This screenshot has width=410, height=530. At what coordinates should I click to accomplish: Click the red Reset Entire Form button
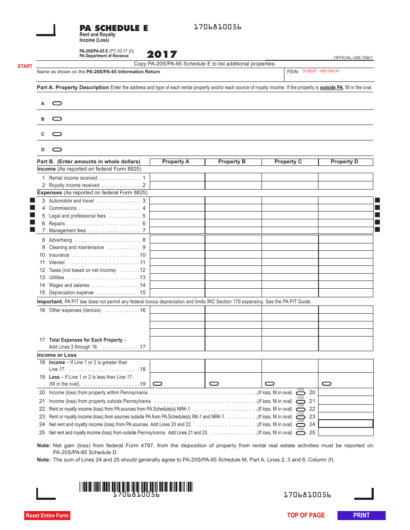(x=47, y=515)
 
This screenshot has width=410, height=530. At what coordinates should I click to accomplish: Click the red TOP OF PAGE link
(x=306, y=515)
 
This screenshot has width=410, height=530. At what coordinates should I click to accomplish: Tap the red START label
(x=25, y=66)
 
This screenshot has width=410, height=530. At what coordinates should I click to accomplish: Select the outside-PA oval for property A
(x=57, y=103)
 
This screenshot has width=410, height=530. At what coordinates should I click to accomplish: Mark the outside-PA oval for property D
(x=57, y=150)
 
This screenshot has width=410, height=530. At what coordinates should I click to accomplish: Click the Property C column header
(x=288, y=162)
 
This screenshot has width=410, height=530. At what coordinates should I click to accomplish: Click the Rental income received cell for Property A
(x=177, y=178)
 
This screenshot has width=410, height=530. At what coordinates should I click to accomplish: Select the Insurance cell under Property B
(x=233, y=255)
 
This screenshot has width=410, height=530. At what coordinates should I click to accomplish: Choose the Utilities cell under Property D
(x=345, y=277)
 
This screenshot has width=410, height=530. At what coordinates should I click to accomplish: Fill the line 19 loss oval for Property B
(x=214, y=383)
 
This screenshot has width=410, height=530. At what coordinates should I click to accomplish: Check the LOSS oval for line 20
(x=301, y=393)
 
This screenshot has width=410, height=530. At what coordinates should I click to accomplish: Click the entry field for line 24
(x=345, y=424)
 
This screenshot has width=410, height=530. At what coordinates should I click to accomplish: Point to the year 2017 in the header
(x=162, y=55)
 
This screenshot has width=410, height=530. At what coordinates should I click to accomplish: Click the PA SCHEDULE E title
(x=114, y=28)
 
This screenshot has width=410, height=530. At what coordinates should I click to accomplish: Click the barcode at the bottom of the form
(x=136, y=487)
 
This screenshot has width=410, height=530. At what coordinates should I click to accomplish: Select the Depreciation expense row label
(x=71, y=293)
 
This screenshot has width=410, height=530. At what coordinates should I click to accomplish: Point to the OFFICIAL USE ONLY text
(x=353, y=58)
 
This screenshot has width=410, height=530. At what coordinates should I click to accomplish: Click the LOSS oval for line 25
(x=301, y=433)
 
